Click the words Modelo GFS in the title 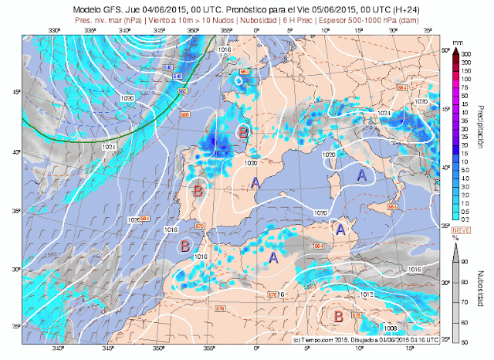[92, 6]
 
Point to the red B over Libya [337, 315]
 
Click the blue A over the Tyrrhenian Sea [360, 175]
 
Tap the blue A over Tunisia [338, 229]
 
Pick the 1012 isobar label [367, 295]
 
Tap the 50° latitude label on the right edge [445, 50]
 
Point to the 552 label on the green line [183, 91]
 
